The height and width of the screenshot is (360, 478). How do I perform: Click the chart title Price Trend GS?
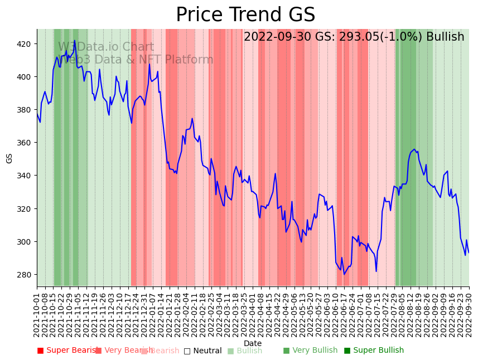click(245, 14)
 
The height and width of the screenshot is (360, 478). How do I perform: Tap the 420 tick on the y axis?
click(25, 43)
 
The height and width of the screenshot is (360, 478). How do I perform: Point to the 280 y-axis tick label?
click(25, 275)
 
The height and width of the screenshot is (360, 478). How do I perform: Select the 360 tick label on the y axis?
click(25, 143)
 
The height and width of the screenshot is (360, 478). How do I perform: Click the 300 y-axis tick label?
click(25, 242)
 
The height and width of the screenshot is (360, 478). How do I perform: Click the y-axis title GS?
click(9, 158)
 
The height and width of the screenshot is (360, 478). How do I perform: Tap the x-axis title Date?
click(253, 343)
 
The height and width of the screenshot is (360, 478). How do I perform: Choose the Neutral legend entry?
click(202, 351)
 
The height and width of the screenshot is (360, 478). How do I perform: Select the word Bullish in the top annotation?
click(445, 37)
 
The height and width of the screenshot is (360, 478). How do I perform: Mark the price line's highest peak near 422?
click(74, 40)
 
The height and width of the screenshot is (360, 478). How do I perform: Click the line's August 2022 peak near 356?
click(414, 149)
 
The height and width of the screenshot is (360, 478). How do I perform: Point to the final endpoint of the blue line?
click(469, 253)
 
